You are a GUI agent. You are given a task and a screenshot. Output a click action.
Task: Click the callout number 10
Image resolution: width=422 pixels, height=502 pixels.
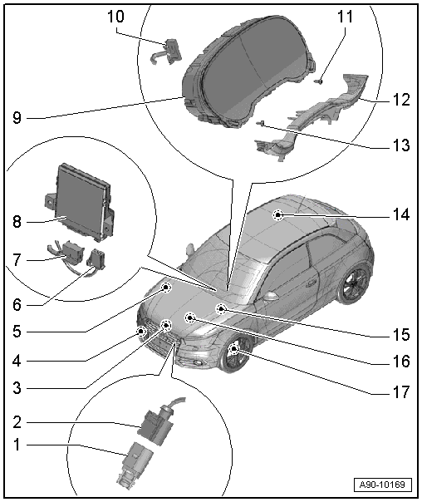click(115, 15)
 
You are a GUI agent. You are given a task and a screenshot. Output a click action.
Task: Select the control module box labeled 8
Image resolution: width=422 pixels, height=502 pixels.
click(81, 194)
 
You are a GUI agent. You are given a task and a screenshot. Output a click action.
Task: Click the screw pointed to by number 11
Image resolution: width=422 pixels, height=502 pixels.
click(319, 81)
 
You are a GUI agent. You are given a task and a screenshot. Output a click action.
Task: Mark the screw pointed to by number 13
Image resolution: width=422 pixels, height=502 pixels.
click(262, 124)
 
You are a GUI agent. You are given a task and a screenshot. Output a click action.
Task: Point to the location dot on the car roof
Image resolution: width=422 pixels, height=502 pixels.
click(277, 214)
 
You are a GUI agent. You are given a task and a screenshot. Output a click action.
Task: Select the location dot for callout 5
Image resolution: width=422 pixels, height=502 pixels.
click(166, 288)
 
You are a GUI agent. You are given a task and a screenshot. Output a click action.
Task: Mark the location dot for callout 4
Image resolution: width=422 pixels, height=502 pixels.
click(142, 332)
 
